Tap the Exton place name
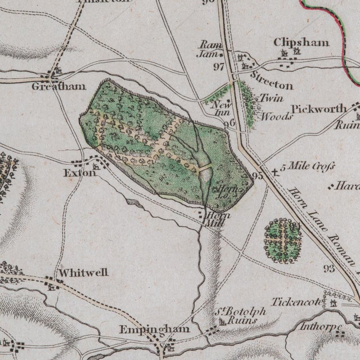tap(76, 174)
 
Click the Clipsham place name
tap(293, 42)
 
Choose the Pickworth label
tap(317, 109)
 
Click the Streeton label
tap(272, 81)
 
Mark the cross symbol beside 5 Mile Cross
tap(274, 171)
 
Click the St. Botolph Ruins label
tap(235, 317)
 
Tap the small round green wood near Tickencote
tap(283, 241)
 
